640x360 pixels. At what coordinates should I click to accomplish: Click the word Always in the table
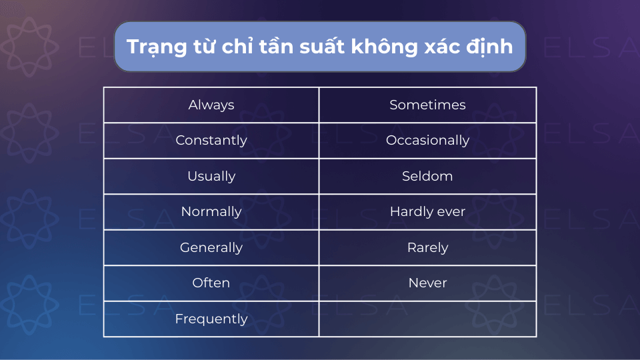click(x=211, y=105)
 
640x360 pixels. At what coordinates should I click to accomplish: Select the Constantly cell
click(x=211, y=141)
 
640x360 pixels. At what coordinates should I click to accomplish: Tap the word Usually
click(x=211, y=176)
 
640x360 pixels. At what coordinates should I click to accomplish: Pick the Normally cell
click(x=211, y=212)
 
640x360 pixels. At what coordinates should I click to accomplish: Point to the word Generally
click(x=211, y=247)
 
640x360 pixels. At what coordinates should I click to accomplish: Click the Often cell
click(x=211, y=283)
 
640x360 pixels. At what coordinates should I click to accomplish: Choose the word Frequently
click(x=211, y=319)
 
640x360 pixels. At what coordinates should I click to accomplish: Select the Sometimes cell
click(x=428, y=105)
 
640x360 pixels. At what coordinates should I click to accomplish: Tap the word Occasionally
click(x=428, y=141)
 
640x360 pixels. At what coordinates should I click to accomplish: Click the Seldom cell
click(x=428, y=176)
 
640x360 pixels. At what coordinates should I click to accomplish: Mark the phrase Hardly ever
click(x=428, y=211)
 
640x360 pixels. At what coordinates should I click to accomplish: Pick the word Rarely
click(x=428, y=247)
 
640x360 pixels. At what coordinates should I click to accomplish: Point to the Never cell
click(x=428, y=283)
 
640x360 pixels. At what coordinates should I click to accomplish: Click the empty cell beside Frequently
click(x=428, y=319)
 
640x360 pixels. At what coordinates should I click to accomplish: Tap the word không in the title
click(x=385, y=46)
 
